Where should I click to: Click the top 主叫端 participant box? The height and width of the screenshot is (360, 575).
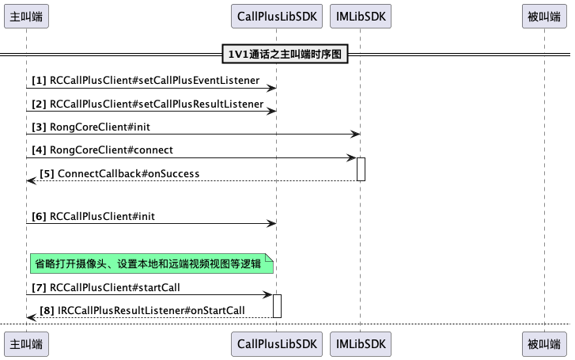click(26, 15)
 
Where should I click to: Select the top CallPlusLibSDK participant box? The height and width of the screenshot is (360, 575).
click(277, 15)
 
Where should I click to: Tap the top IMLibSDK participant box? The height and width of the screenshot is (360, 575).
click(360, 15)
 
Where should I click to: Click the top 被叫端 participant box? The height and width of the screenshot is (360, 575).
click(545, 15)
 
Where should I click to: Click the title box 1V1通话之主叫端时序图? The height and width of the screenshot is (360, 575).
click(286, 55)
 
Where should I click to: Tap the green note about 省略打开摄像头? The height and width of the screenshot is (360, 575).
click(151, 263)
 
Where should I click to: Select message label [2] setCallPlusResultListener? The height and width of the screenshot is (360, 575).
click(147, 104)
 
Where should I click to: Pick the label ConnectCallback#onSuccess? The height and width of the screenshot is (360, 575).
click(120, 173)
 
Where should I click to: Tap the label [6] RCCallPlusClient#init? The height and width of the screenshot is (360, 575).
click(99, 215)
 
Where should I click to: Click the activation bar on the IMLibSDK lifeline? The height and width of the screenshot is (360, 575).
click(361, 169)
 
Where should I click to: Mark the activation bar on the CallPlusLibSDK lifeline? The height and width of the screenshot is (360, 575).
click(278, 305)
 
